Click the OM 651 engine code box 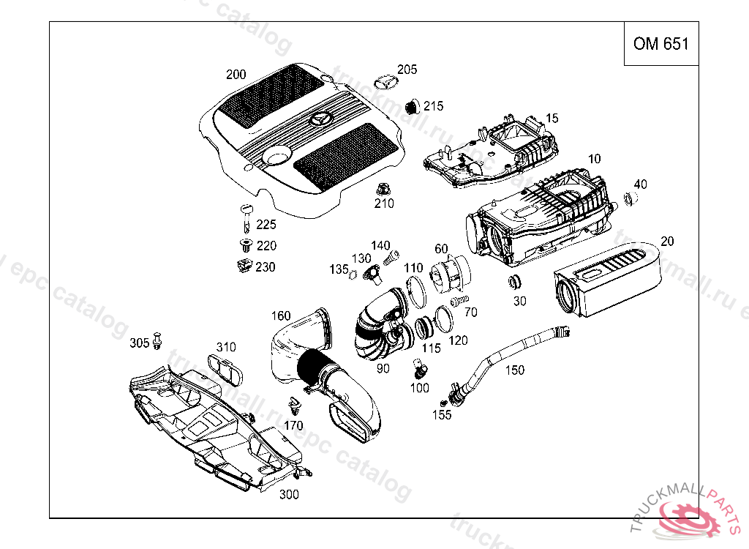click(x=660, y=44)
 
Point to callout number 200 click(x=236, y=74)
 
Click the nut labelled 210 click(x=383, y=189)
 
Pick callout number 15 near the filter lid click(x=552, y=118)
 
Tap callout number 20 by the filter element click(x=667, y=242)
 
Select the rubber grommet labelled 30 click(x=513, y=282)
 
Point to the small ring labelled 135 click(x=352, y=275)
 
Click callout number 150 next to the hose click(x=515, y=370)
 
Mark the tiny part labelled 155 click(x=444, y=403)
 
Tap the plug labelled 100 click(x=419, y=365)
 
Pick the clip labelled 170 click(x=294, y=405)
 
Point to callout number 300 click(x=289, y=495)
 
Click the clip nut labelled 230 click(x=244, y=266)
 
